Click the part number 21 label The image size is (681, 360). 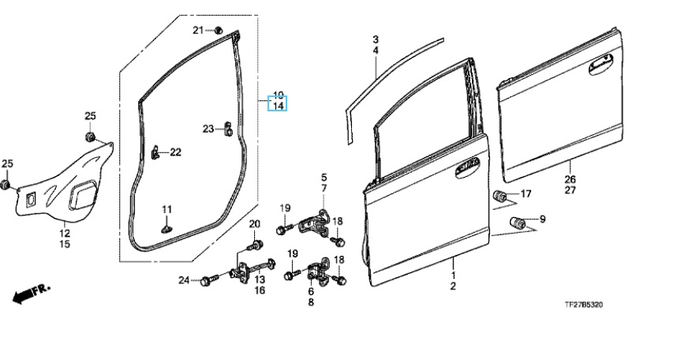tap(198, 30)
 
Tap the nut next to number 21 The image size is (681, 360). tap(219, 30)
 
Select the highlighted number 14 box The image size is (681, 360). tap(277, 106)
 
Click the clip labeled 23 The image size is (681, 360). tap(228, 129)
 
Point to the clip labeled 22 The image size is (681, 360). tap(155, 153)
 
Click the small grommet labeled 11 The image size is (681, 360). tap(167, 228)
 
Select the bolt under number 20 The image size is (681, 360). tap(255, 245)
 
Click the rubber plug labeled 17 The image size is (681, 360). tap(500, 196)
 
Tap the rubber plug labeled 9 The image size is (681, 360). tap(518, 223)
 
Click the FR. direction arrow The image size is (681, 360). tap(31, 294)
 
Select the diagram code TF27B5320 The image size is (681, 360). tap(583, 305)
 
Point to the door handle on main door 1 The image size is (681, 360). tap(467, 168)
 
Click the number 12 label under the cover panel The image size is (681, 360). tap(65, 233)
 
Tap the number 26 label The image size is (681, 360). tap(571, 179)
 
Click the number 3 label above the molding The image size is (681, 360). tap(376, 40)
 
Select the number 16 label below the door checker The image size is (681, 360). tap(260, 290)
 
